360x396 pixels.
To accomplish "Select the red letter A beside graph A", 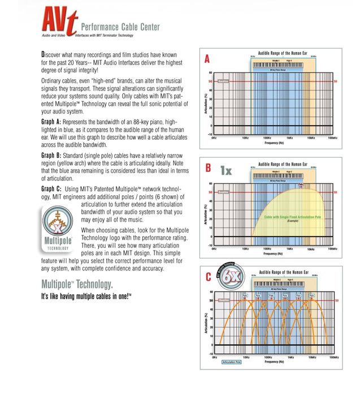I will tap(207, 59).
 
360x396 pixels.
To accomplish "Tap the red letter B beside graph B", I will tap(208, 167).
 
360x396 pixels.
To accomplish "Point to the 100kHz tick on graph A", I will tap(333, 137).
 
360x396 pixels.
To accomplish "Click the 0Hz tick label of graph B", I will tap(214, 247).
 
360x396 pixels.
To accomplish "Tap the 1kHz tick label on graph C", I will tap(290, 357).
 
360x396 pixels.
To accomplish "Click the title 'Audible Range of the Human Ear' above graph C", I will tap(283, 273).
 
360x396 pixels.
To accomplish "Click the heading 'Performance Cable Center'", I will tap(120, 27).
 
